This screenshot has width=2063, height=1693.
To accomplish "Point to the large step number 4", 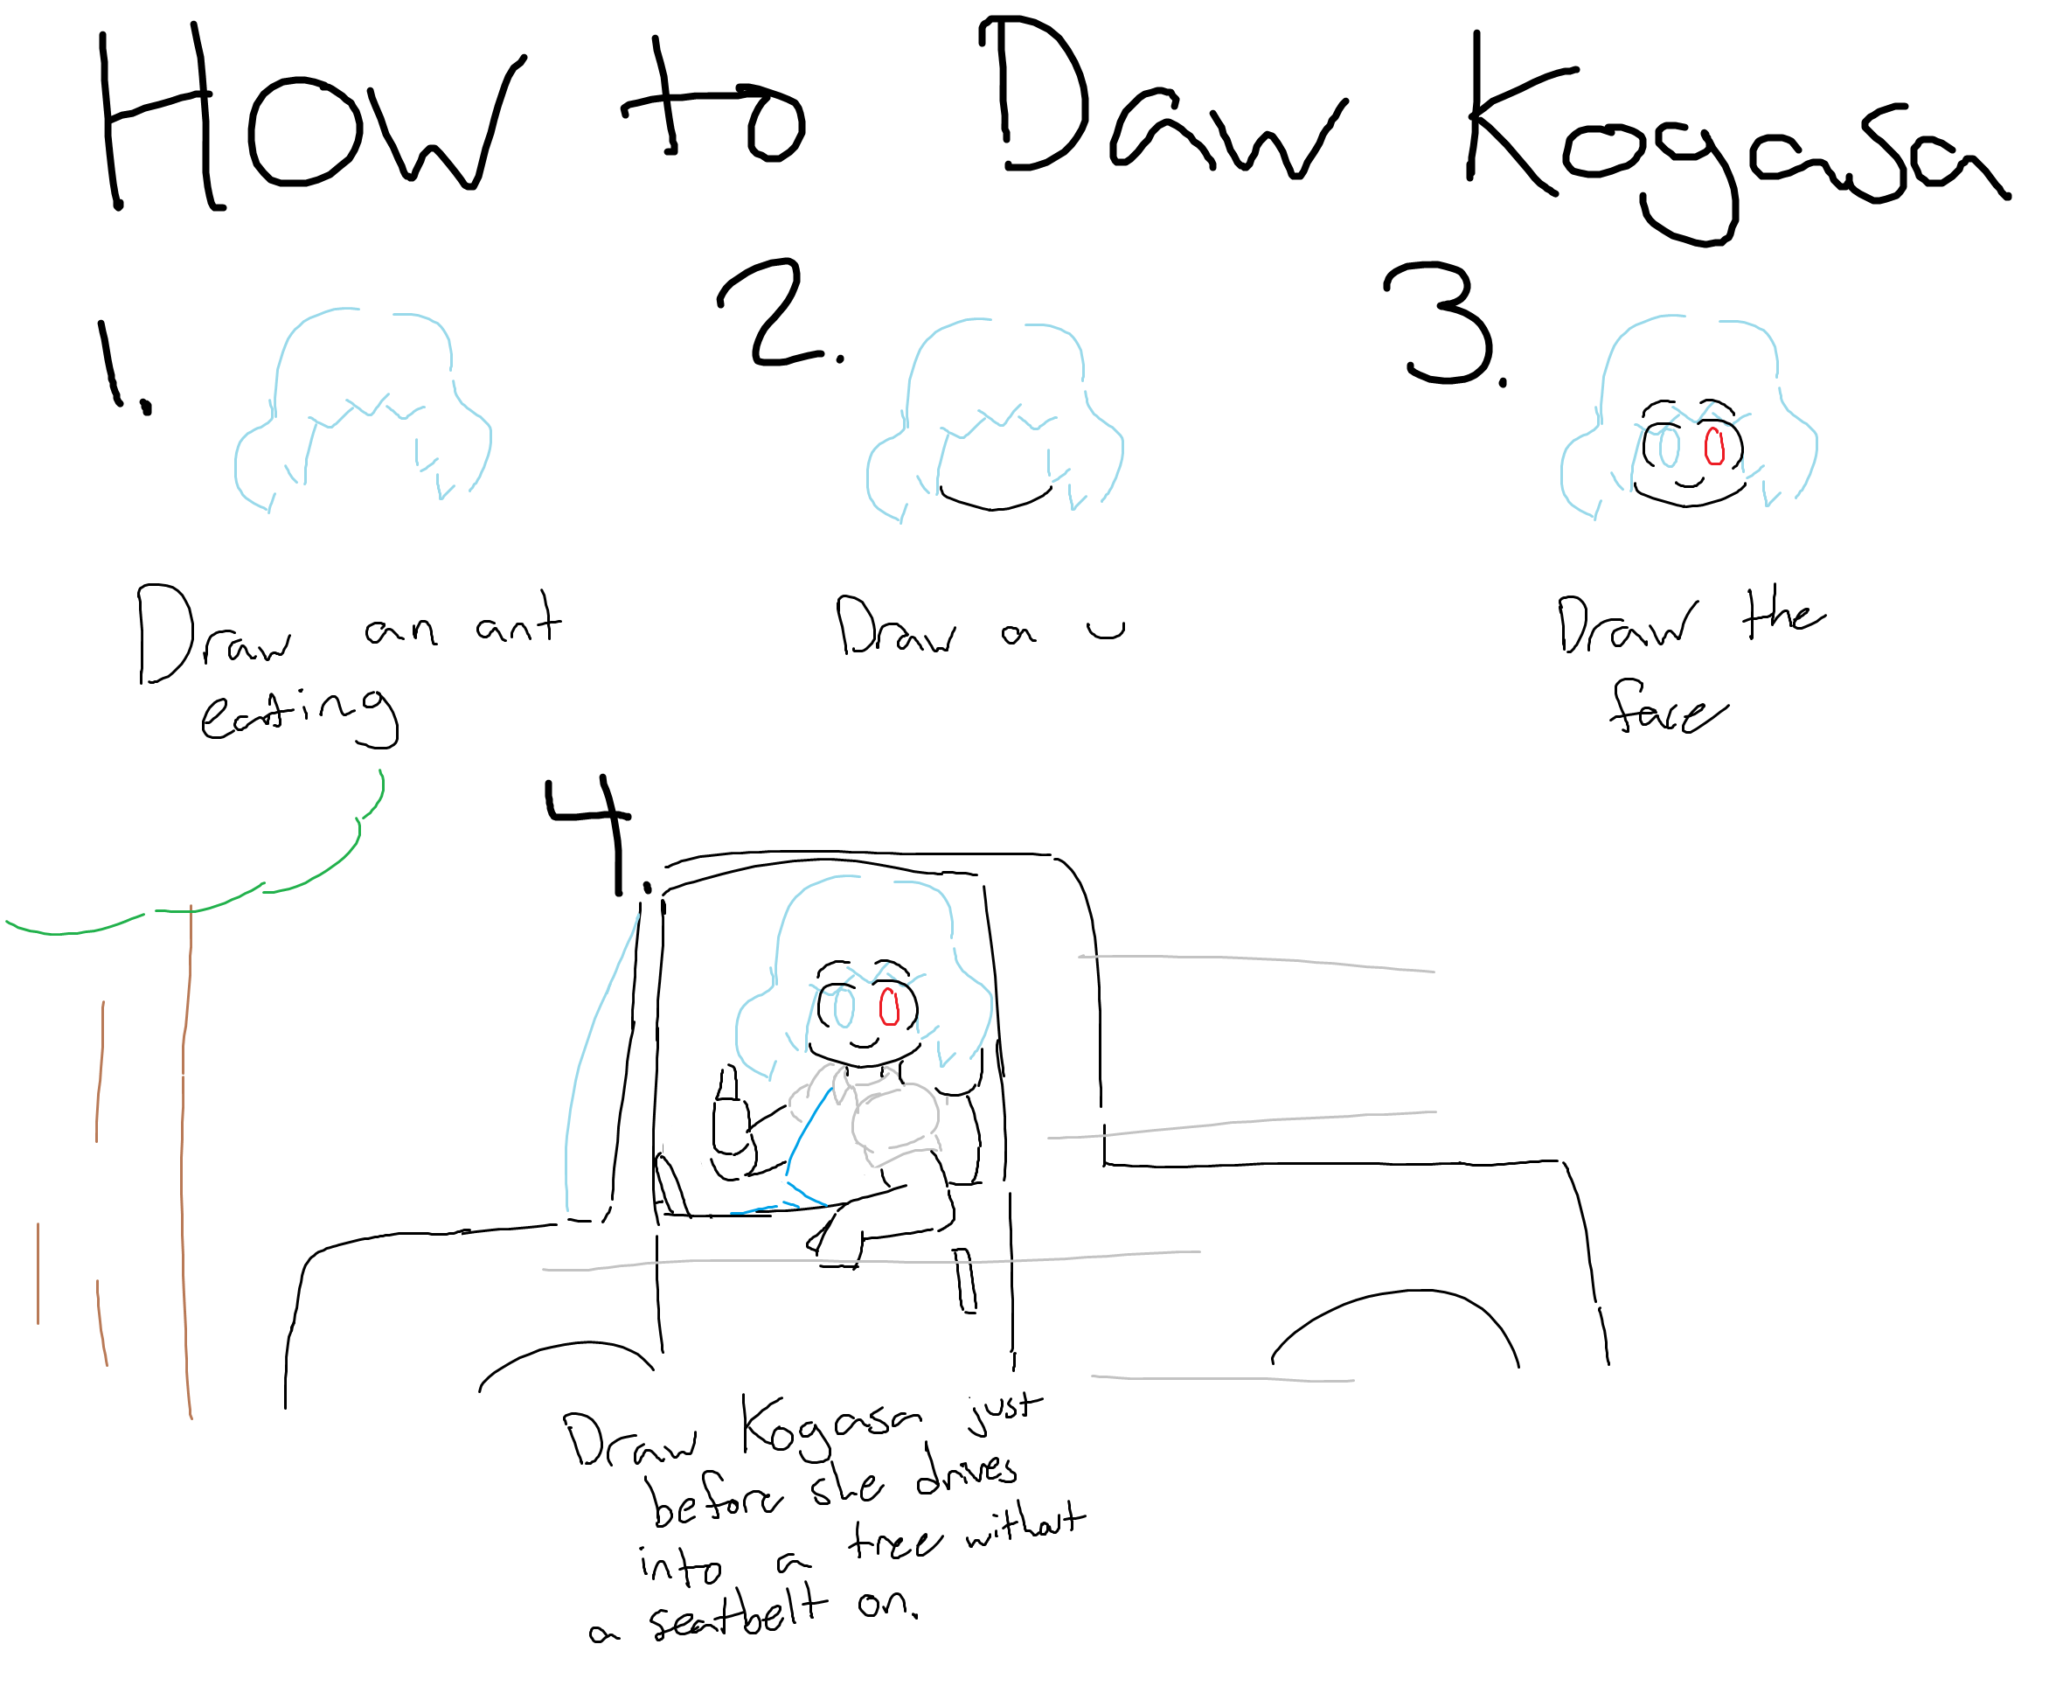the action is (590, 835).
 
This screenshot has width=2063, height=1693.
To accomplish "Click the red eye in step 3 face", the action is (1715, 447).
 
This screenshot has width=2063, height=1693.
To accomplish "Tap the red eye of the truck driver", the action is (889, 1007).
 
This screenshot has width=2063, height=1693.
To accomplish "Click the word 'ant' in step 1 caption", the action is (518, 620).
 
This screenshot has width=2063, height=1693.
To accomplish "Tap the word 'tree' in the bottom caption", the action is (895, 1541).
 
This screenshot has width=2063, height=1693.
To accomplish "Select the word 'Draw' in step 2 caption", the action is (896, 625).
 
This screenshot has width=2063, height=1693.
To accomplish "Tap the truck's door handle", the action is (964, 1280).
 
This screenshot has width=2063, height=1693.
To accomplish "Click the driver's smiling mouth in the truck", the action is (864, 1043).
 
